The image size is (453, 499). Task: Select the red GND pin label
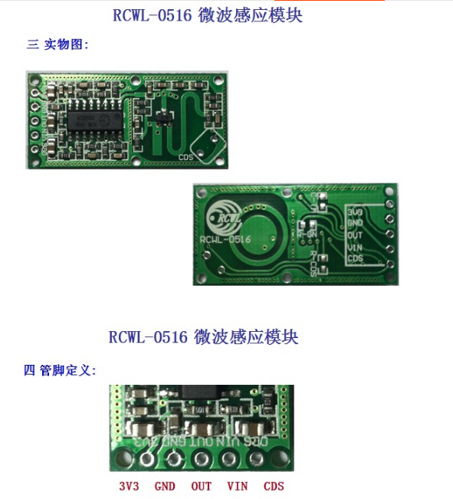[165, 486]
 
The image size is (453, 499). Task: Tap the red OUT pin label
[202, 486]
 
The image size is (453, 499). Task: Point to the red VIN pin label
[238, 486]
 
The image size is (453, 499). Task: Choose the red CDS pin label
[274, 486]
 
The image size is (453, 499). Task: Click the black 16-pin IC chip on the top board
[93, 120]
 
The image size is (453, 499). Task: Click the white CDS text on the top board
[185, 157]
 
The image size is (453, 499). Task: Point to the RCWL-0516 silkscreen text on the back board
[225, 239]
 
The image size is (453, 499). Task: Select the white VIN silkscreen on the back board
[355, 247]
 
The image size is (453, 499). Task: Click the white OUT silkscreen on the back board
[355, 235]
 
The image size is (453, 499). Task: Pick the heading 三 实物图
[58, 44]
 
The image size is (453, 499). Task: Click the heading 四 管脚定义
[60, 370]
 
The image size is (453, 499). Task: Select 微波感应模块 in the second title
[245, 336]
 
